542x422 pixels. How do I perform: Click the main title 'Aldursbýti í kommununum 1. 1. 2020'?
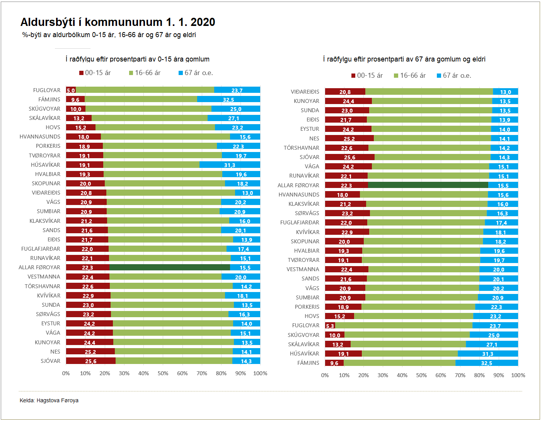[x=118, y=22]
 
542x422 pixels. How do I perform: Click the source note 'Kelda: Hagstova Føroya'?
[x=49, y=400]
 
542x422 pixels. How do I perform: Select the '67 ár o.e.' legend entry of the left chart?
[x=196, y=73]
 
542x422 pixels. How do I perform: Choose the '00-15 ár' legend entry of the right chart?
[x=367, y=75]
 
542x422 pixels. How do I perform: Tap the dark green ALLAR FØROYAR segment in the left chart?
[x=169, y=267]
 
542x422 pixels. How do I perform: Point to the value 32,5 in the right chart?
[x=486, y=363]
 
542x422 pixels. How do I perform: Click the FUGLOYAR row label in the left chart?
[x=47, y=90]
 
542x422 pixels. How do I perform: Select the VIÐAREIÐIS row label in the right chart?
[x=305, y=92]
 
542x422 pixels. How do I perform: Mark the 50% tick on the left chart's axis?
[x=163, y=373]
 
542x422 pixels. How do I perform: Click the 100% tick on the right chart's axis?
[x=518, y=375]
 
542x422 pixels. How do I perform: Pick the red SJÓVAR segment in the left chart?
[x=90, y=361]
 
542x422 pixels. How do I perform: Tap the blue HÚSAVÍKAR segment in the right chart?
[x=487, y=354]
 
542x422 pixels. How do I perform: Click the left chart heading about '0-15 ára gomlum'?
[x=138, y=59]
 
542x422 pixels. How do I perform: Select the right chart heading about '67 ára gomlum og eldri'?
[x=404, y=59]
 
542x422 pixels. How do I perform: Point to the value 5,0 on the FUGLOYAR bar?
[x=71, y=91]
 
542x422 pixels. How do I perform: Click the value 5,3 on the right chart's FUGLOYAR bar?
[x=330, y=326]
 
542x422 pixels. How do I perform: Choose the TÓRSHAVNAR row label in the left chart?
[x=43, y=286]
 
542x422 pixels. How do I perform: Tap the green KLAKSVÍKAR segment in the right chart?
[x=426, y=204]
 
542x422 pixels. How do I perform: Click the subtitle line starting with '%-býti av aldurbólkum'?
[x=109, y=35]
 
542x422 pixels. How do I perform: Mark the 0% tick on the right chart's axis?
[x=325, y=375]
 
